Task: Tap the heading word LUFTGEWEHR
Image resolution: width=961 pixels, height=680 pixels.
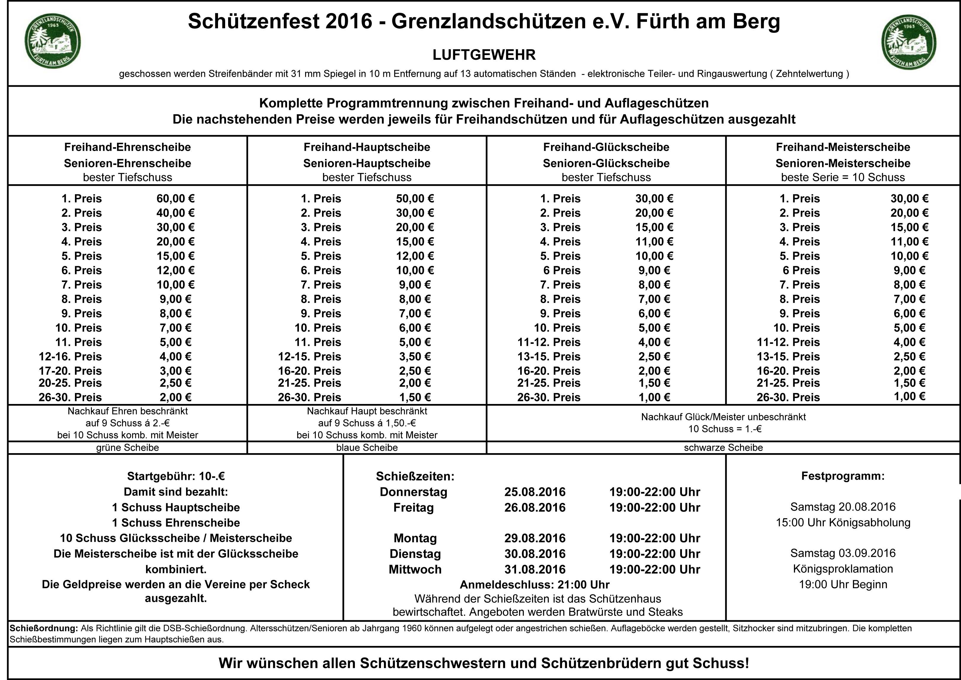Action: point(484,55)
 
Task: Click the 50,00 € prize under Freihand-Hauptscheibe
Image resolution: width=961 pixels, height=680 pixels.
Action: point(415,198)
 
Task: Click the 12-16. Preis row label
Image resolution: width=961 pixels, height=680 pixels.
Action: point(70,356)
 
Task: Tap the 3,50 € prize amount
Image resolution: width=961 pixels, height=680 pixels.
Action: point(415,356)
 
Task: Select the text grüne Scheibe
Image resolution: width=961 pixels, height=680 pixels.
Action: point(128,448)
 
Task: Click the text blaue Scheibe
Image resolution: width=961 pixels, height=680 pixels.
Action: point(367,448)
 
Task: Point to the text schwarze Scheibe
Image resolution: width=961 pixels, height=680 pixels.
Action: point(723,448)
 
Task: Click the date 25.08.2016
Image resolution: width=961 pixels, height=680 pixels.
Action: point(535,492)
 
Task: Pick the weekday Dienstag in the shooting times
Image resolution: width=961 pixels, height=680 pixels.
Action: point(415,554)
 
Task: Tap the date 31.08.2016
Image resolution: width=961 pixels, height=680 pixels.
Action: point(535,569)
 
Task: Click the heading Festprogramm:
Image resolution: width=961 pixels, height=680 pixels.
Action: point(843,476)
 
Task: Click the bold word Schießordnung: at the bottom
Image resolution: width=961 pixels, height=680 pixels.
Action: point(44,628)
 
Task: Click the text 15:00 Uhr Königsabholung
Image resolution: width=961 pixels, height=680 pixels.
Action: point(843,522)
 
